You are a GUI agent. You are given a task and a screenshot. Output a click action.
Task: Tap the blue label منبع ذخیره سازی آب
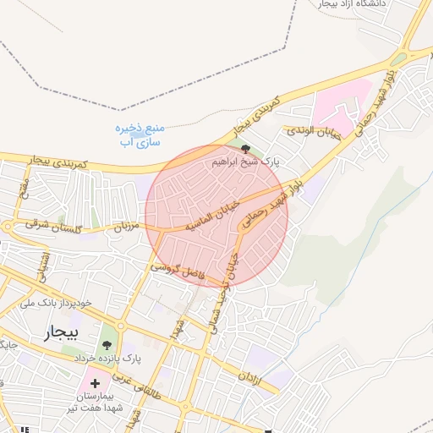140,134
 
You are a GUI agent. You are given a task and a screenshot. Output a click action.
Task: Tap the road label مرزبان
125,227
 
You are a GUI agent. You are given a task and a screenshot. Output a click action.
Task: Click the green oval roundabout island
398,60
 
